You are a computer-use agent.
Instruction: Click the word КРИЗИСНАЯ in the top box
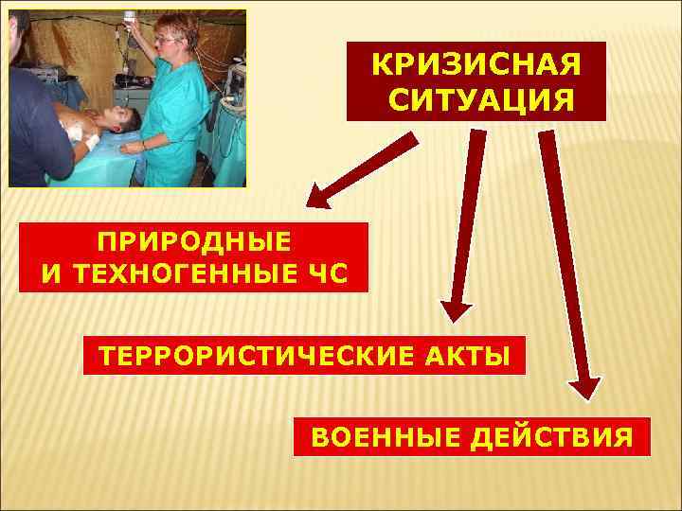tap(476, 65)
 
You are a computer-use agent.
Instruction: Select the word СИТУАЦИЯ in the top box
tap(476, 98)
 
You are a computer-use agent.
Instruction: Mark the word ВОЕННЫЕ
tap(373, 438)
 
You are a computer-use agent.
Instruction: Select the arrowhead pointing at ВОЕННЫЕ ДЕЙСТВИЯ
tap(583, 388)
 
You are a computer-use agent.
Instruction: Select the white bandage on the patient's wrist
tap(92, 142)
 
